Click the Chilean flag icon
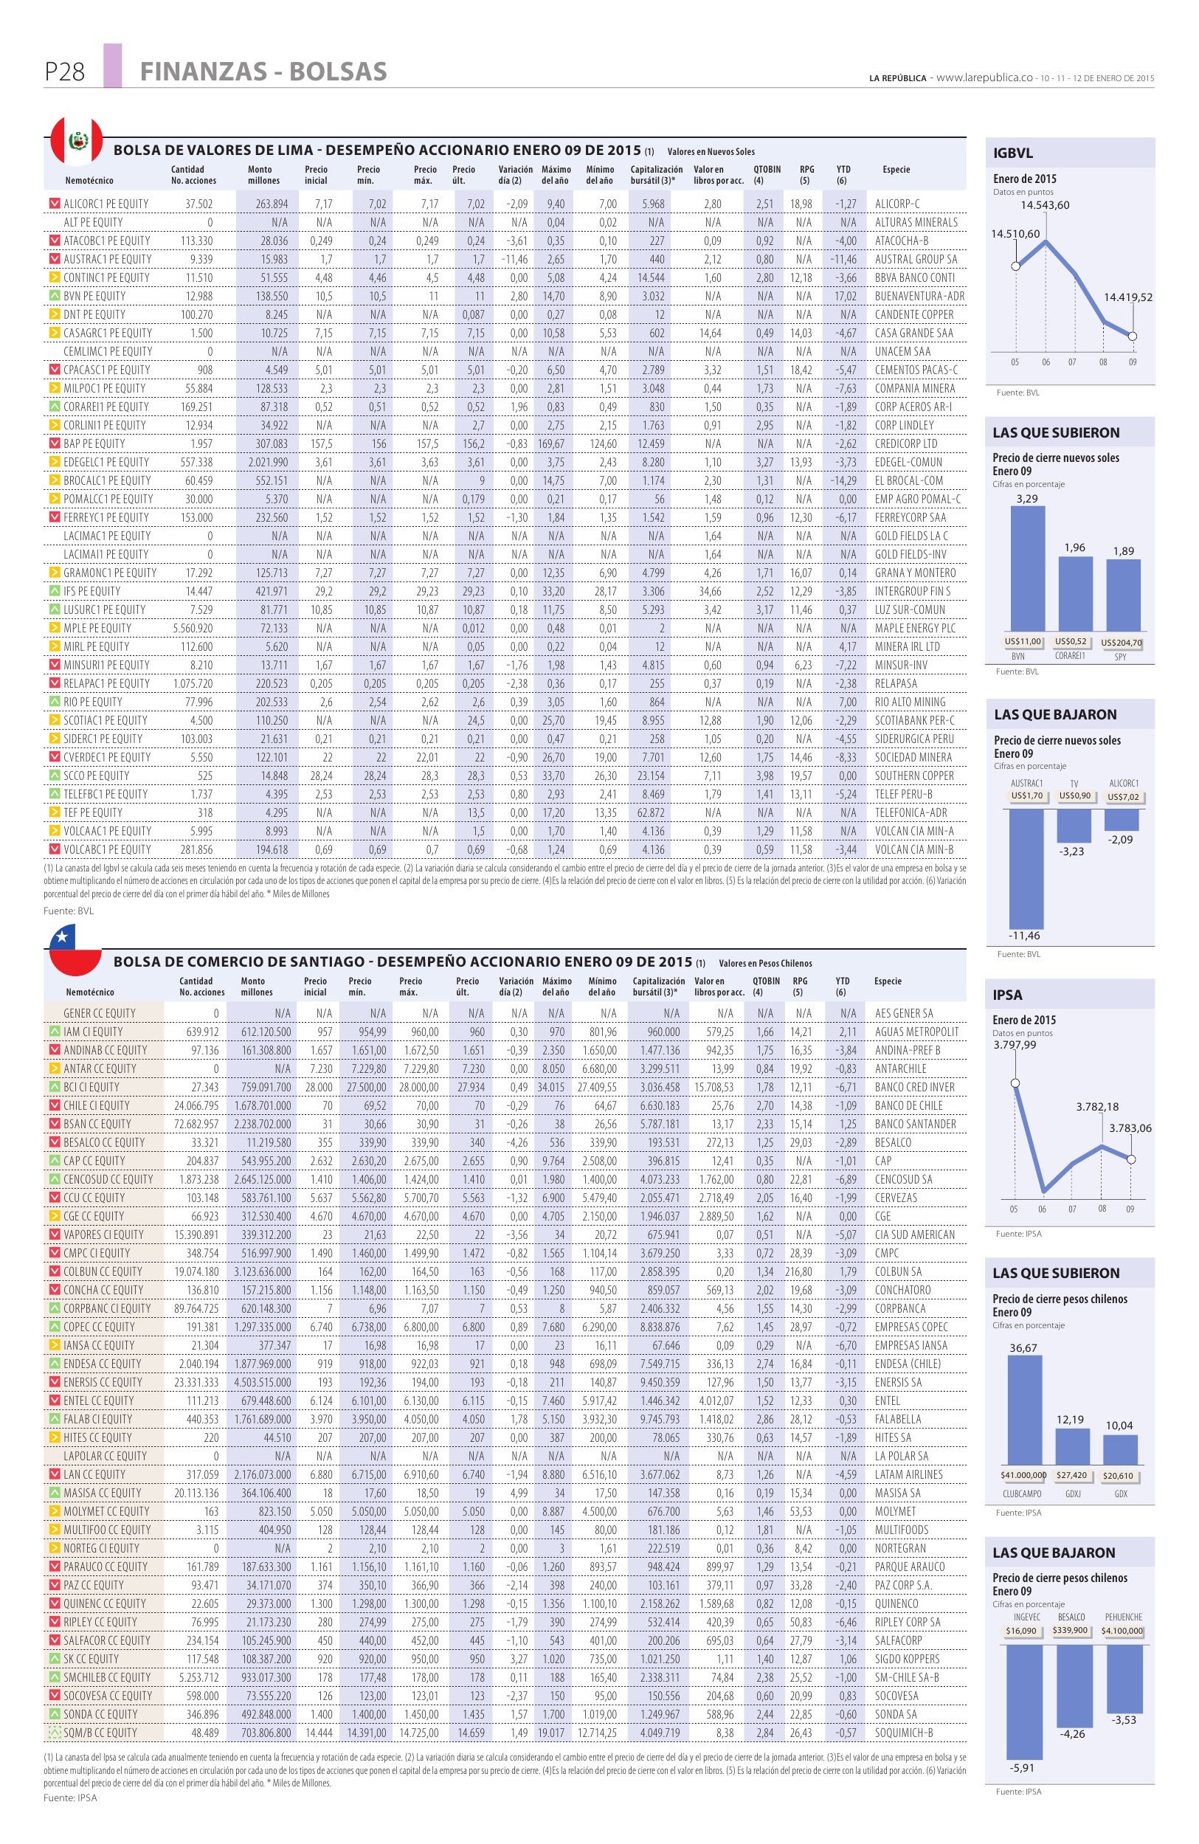point(75,952)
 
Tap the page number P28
point(65,72)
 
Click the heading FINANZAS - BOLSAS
point(263,72)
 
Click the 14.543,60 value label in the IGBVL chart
point(1045,205)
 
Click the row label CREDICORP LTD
point(906,444)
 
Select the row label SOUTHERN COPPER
point(914,776)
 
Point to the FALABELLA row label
point(898,1420)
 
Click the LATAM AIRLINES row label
point(908,1474)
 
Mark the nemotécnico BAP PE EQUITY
point(94,444)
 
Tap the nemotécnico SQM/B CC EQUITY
point(100,1733)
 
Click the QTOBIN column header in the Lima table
point(767,170)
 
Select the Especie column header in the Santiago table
point(888,981)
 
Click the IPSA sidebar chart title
point(1007,995)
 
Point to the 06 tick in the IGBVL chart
point(1045,362)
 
